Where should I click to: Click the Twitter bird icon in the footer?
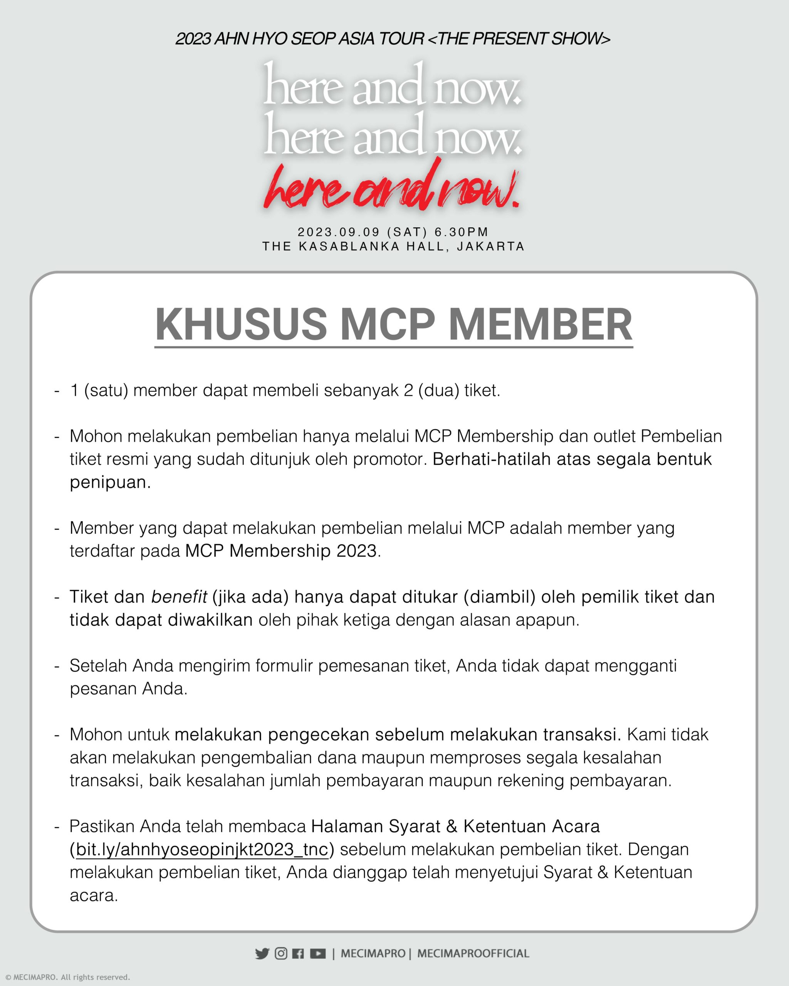coord(262,954)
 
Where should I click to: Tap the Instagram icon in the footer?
coord(281,954)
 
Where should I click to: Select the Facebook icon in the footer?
coord(298,954)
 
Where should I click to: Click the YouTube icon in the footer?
coord(318,954)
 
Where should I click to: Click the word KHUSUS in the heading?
coord(241,325)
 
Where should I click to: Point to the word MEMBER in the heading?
coord(540,325)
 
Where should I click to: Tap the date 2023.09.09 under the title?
coord(339,232)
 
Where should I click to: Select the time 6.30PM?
coord(461,232)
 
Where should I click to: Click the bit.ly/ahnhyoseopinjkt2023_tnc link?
coord(202,850)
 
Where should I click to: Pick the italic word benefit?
coord(179,597)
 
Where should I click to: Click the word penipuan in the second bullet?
coord(110,483)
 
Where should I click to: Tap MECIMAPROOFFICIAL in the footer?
coord(473,954)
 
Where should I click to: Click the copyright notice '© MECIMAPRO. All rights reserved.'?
coord(68,977)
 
